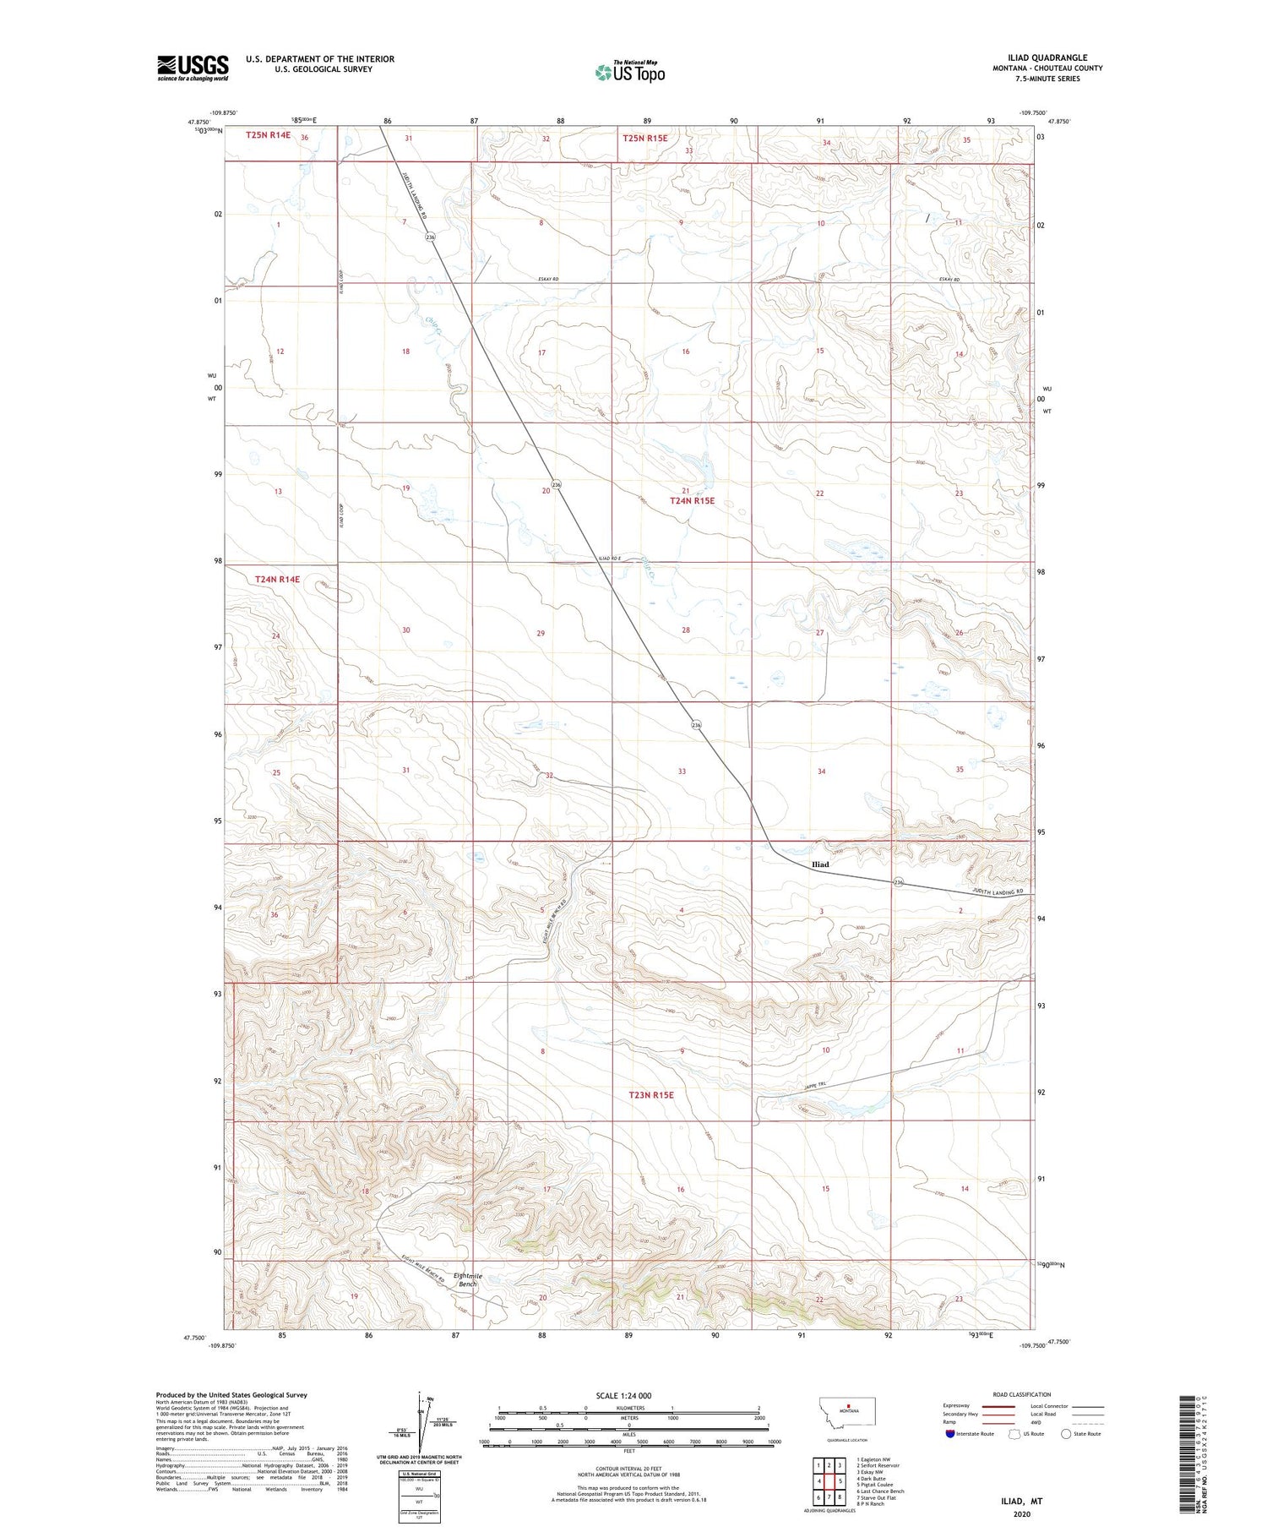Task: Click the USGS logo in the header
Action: (193, 68)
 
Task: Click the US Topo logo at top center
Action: (629, 73)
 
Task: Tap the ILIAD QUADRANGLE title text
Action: (1047, 58)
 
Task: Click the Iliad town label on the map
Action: (819, 864)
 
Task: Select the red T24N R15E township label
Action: (692, 500)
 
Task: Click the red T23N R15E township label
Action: (650, 1094)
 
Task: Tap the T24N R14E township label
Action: (277, 579)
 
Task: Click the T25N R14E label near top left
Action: (268, 135)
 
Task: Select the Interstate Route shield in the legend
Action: (949, 1434)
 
